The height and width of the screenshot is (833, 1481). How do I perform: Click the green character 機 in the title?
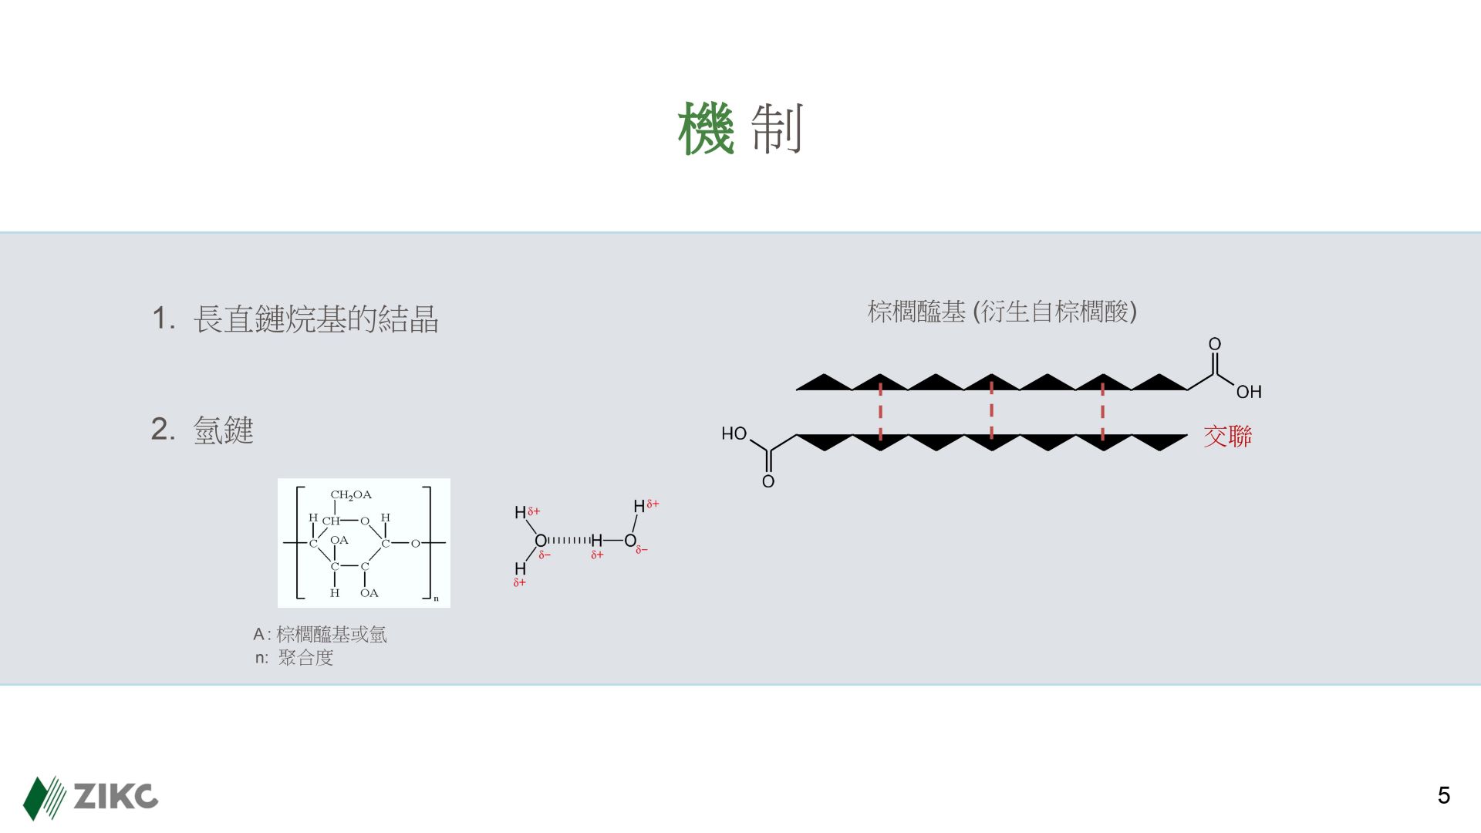click(706, 130)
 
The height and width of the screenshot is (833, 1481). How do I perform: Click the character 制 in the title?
click(778, 130)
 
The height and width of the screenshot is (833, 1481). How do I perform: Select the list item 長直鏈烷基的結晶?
click(315, 319)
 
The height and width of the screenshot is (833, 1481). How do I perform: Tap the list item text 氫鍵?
click(223, 430)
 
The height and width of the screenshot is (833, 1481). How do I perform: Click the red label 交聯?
click(1227, 437)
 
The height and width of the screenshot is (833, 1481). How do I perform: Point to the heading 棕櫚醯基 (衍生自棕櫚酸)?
click(1002, 312)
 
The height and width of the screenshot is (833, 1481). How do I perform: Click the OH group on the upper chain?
click(1249, 392)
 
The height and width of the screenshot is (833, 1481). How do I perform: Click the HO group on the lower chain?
click(734, 433)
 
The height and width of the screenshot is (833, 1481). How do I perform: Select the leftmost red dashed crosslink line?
click(880, 413)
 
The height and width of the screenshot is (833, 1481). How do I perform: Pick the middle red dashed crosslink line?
click(991, 413)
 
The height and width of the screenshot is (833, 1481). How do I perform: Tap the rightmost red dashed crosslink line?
click(1102, 413)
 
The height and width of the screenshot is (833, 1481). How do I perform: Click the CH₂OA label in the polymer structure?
click(351, 494)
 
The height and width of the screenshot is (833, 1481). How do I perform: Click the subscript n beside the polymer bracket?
click(436, 599)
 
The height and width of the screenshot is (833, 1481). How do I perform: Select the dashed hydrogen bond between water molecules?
click(568, 540)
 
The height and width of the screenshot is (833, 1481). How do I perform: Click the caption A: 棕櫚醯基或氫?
click(320, 635)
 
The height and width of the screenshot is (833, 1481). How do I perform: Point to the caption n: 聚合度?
click(295, 658)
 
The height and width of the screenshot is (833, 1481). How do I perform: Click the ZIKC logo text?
click(116, 796)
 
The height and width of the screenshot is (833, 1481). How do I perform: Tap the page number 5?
click(1444, 795)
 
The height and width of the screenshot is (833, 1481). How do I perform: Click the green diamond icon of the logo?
click(35, 798)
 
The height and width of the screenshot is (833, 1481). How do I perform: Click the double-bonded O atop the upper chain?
click(1214, 344)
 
